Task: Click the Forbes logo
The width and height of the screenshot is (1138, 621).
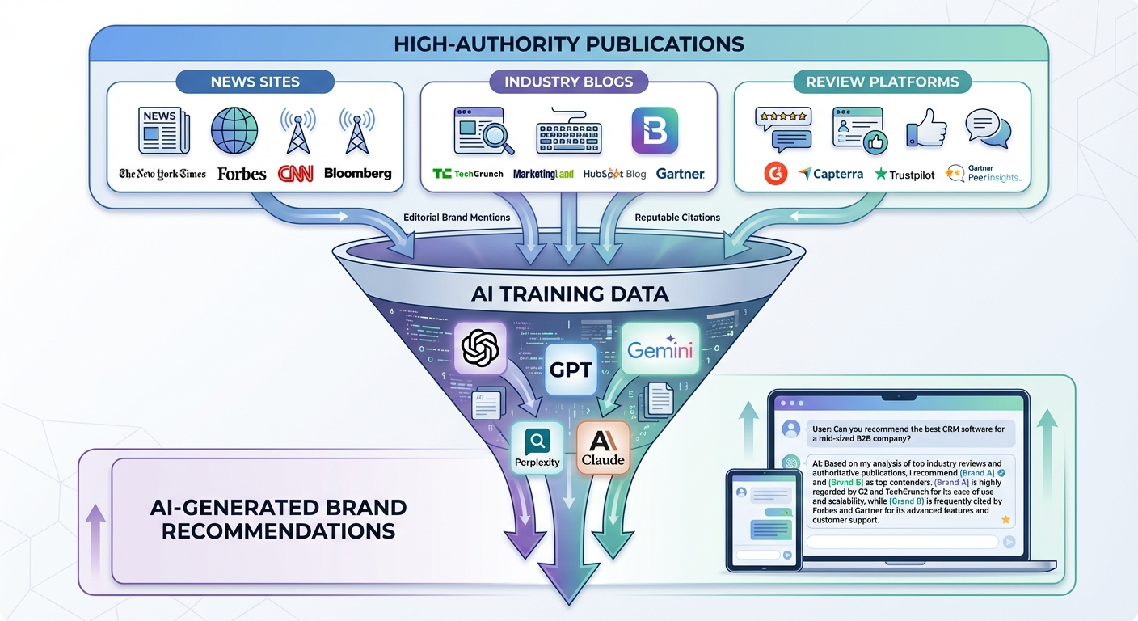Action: coord(242,173)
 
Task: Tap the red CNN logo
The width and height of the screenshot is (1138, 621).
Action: coord(295,173)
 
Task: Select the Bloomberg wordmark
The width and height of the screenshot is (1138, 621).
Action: coord(357,173)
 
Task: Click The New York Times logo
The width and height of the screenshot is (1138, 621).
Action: coord(162,173)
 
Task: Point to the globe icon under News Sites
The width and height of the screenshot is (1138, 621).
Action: coord(234,130)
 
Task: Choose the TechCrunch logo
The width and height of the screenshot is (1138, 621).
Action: coord(467,174)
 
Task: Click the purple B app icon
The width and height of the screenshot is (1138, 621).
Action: coord(654,130)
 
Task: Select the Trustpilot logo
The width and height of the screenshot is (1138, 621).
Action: coord(905,174)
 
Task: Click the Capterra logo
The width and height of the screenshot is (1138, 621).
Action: coord(831,174)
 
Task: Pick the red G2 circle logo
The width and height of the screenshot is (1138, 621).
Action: coord(776,174)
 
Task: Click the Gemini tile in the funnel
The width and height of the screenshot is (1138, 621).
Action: coord(660,349)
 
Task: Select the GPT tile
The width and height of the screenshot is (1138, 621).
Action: coord(571,370)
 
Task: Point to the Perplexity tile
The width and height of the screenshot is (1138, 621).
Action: coord(537,449)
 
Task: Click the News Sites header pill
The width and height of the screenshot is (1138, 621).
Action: coord(255,82)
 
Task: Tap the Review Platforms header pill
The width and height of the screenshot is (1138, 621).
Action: coord(882,82)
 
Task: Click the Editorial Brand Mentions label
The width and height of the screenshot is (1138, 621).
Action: coord(457,218)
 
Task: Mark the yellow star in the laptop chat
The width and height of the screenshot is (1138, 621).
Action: coord(1005,519)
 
